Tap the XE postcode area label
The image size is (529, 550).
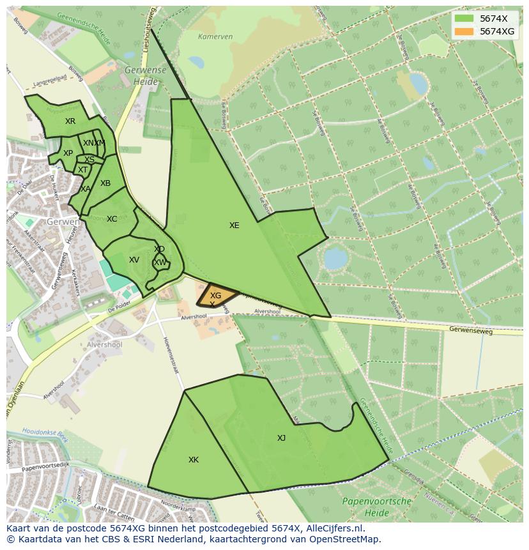(x=234, y=225)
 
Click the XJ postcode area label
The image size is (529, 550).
(x=281, y=438)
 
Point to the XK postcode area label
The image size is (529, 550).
(x=194, y=460)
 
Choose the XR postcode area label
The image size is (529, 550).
(x=70, y=121)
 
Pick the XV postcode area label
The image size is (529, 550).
(x=134, y=260)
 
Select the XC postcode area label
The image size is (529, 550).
(x=112, y=219)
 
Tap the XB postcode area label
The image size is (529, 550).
(x=105, y=183)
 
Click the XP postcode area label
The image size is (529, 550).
(x=68, y=153)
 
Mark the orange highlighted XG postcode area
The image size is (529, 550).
(x=215, y=295)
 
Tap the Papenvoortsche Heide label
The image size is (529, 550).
(x=377, y=507)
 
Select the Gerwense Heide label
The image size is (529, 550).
(x=146, y=75)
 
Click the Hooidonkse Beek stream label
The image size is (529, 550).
(x=45, y=434)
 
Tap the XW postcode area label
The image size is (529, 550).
(x=160, y=263)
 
